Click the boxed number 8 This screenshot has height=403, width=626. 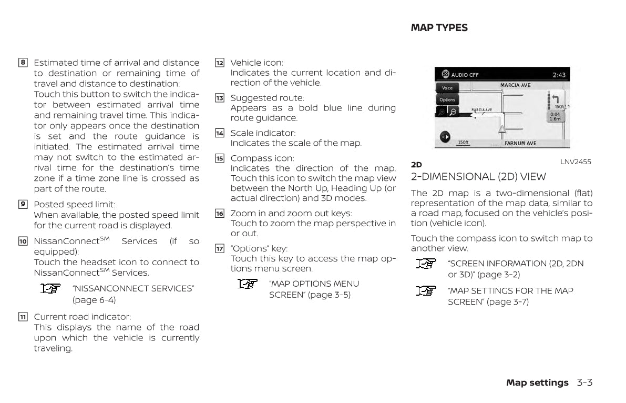click(23, 63)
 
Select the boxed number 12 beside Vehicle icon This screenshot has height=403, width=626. click(220, 63)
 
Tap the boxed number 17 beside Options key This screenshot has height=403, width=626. click(220, 248)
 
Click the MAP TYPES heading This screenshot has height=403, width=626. click(439, 28)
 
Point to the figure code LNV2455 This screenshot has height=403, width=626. click(575, 162)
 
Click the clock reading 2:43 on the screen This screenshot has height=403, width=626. click(559, 75)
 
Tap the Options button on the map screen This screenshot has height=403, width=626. click(447, 100)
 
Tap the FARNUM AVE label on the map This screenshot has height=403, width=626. click(520, 143)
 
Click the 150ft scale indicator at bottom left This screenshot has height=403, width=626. click(463, 143)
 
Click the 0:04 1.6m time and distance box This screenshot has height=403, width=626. click(555, 116)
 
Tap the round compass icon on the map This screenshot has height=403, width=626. click(445, 137)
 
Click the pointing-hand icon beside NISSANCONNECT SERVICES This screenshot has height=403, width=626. click(51, 288)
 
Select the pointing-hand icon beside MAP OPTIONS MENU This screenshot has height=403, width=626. click(248, 284)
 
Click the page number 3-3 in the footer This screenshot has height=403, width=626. click(584, 382)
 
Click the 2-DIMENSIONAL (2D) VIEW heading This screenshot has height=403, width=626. click(478, 177)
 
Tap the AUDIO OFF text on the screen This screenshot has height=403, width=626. click(465, 75)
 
